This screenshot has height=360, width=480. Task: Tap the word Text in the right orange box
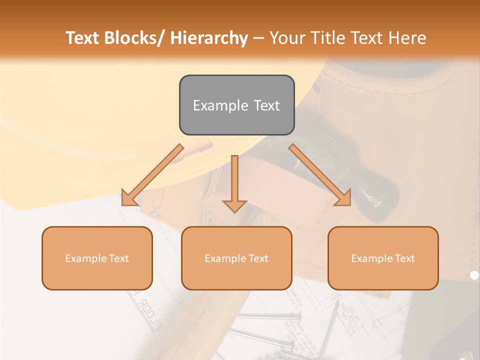click(404, 258)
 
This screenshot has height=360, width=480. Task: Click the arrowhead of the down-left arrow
click(128, 198)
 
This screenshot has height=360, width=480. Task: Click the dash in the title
click(258, 38)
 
